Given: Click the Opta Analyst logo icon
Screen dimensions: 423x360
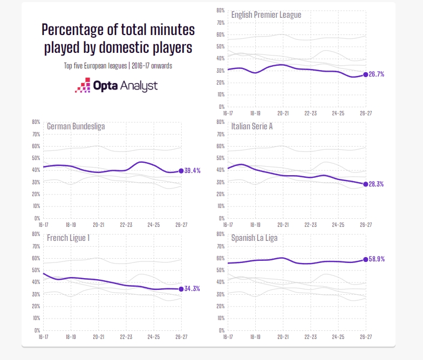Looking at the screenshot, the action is click(x=83, y=85).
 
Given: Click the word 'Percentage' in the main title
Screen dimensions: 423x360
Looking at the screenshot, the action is click(x=72, y=30).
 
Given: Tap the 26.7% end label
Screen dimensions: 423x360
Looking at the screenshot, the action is click(x=377, y=74).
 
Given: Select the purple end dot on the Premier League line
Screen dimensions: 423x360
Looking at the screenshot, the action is click(x=366, y=74).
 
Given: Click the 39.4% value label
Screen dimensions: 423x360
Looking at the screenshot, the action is click(x=192, y=170).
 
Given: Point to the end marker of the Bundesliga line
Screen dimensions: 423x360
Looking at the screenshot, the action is click(x=181, y=171).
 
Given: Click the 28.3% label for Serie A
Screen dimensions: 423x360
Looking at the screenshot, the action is click(x=376, y=184).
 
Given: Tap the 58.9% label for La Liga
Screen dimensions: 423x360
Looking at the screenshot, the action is click(x=377, y=259).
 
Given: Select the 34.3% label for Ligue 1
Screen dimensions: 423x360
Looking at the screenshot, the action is click(x=192, y=289).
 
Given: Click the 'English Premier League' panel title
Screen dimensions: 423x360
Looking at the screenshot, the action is click(x=267, y=15).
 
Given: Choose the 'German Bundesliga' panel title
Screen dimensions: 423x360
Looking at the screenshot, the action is click(x=76, y=126).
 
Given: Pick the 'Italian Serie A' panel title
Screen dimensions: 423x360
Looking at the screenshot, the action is click(x=252, y=126).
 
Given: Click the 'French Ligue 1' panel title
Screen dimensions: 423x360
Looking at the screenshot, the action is click(x=68, y=238).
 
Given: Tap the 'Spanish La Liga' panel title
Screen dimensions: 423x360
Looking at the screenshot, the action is click(x=255, y=238).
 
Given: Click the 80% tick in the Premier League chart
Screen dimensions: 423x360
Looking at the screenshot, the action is click(x=220, y=10).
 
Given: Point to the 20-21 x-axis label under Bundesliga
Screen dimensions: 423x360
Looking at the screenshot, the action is click(x=98, y=225).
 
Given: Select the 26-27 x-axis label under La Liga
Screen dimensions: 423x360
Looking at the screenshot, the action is click(x=366, y=337).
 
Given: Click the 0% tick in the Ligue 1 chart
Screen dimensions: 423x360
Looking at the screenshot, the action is click(x=37, y=330).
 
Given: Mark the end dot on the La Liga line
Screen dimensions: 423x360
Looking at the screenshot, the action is click(x=366, y=259).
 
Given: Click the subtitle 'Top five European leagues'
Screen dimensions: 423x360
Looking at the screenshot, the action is click(x=95, y=66).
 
